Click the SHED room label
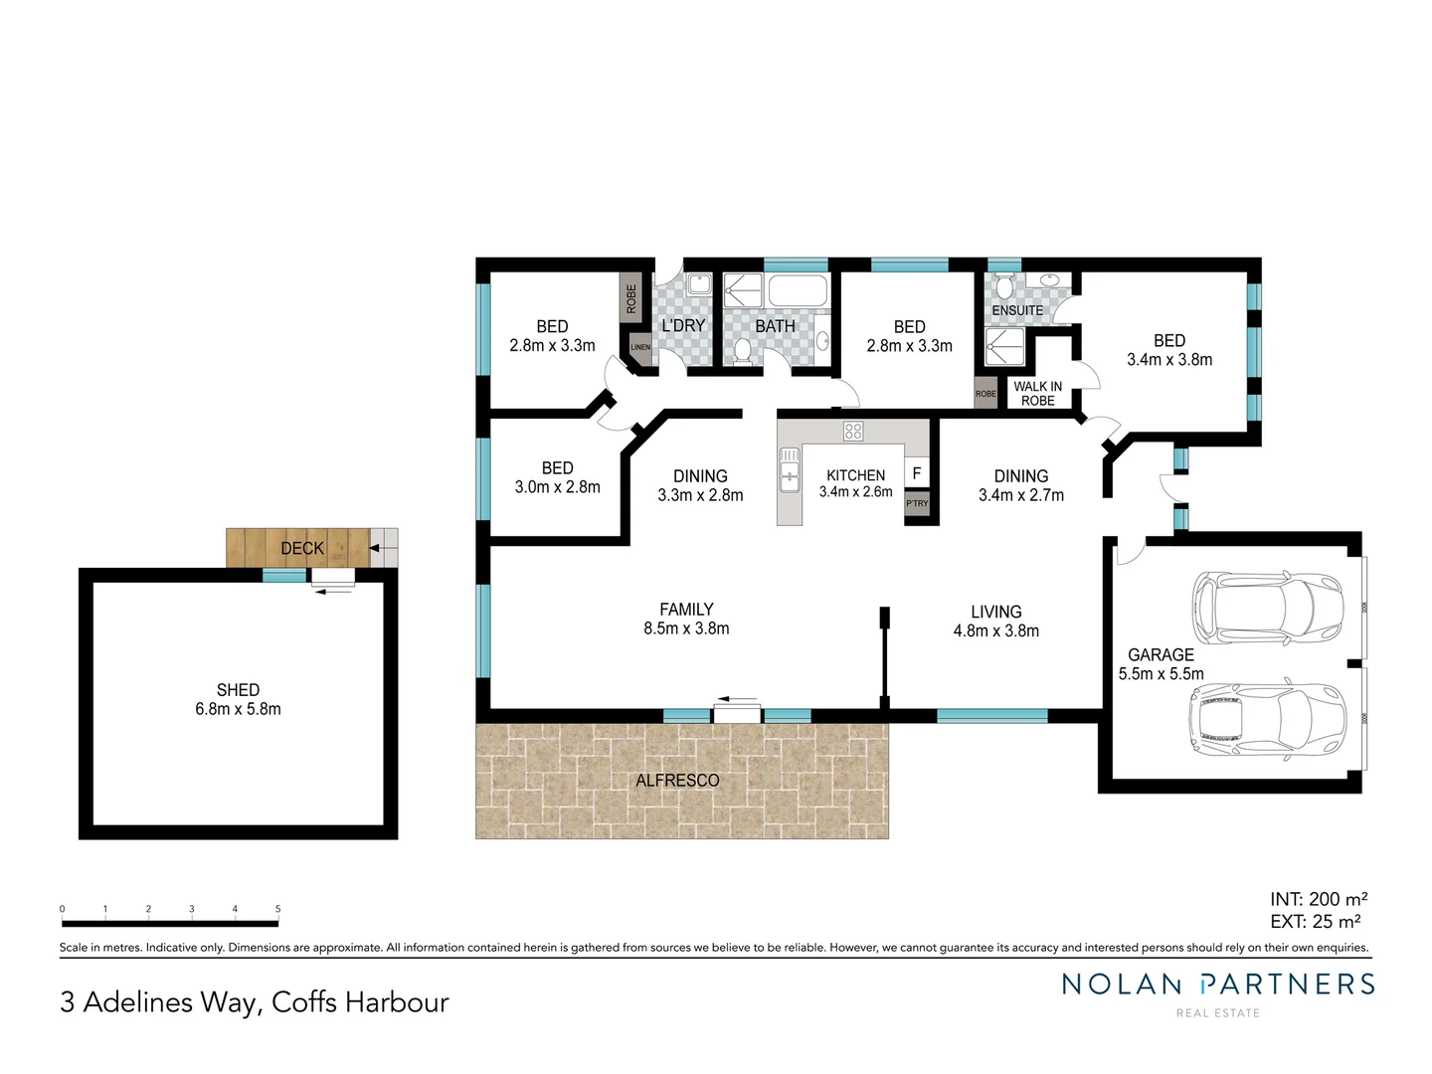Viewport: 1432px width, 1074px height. (x=238, y=690)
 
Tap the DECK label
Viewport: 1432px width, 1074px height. (x=302, y=548)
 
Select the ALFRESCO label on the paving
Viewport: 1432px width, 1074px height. (x=677, y=781)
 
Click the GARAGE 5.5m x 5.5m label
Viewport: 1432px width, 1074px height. (x=1161, y=664)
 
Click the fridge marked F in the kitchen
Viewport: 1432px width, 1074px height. (x=917, y=473)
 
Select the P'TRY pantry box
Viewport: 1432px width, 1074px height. (x=917, y=504)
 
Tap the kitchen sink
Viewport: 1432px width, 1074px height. (x=790, y=469)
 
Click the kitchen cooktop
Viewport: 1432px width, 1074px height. (x=853, y=431)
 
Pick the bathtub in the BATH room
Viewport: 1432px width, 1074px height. (x=798, y=291)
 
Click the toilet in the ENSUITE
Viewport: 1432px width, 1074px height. (x=1004, y=288)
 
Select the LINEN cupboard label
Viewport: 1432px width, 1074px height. (x=640, y=347)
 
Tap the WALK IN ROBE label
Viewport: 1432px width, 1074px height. (x=1037, y=394)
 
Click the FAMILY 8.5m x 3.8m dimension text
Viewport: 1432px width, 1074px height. (x=686, y=628)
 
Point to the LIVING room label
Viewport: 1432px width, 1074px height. (x=995, y=613)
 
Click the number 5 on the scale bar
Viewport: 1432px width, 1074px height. (x=278, y=909)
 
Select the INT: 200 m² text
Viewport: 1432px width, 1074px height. (x=1318, y=899)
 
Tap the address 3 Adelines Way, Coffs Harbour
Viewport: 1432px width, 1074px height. (x=255, y=1002)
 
